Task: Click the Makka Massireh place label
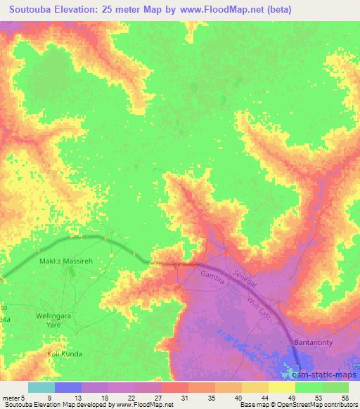coord(63,262)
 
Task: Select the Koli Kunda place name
coord(65,353)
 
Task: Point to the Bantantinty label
coord(312,340)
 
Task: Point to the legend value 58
coord(345,397)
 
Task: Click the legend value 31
coord(184,397)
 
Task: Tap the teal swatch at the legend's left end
coord(41,387)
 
